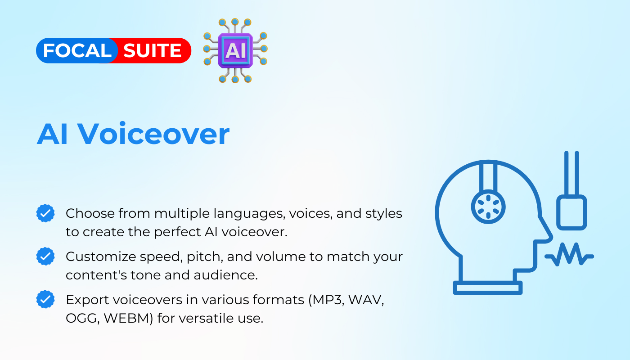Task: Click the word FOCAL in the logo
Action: pos(77,50)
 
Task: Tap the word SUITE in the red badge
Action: pos(152,50)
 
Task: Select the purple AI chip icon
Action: pos(235,50)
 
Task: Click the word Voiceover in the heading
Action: pos(153,134)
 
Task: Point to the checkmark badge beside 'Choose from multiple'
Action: pos(45,213)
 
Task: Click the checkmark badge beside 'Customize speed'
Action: pos(45,256)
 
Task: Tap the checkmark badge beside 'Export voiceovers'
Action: pos(45,299)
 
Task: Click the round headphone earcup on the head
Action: pos(488,207)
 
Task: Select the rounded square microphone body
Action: pos(571,212)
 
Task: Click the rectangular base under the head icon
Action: pos(488,288)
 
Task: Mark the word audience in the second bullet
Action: pos(225,275)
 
